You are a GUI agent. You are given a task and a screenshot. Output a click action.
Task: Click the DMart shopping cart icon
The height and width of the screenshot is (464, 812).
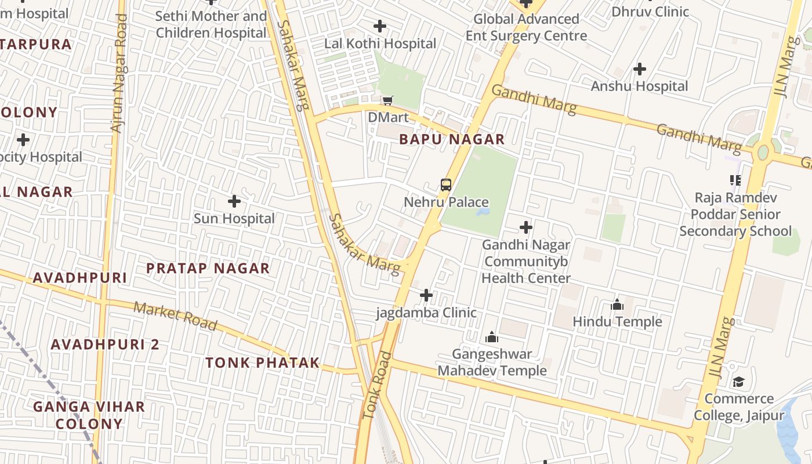pos(387,100)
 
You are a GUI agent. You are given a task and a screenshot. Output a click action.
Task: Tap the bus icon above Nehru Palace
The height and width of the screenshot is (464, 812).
pos(445,185)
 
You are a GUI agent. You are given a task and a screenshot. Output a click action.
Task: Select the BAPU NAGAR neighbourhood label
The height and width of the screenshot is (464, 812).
pos(452,139)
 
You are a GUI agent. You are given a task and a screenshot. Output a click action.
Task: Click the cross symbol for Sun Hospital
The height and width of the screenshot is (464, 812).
pos(234,201)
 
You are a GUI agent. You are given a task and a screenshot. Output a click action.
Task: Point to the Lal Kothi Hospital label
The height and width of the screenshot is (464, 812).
pos(380,43)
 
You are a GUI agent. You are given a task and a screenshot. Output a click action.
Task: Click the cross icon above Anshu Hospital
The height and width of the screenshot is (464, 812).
pos(639,69)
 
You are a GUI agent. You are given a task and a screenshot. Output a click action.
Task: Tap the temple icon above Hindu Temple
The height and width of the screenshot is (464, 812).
pos(617,304)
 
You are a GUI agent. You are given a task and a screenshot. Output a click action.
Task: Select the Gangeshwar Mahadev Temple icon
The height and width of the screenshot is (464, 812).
pos(492,337)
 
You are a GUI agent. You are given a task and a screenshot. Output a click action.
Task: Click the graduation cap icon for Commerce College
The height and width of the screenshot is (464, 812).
pos(738,382)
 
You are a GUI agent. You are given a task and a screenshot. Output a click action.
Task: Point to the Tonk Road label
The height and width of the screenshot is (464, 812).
pos(377,386)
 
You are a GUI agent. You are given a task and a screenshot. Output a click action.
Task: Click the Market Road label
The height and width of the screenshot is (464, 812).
pos(175,316)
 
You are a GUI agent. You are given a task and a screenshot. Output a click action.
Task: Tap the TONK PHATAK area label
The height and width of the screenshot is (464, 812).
pos(262,363)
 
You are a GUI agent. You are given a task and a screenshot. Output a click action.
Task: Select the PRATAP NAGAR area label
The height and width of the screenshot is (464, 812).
pos(208,269)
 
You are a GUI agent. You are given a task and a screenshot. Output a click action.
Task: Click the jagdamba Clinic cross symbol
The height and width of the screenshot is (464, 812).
pos(426,295)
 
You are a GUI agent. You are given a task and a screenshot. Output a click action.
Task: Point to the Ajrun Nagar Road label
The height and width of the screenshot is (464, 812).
pos(119,74)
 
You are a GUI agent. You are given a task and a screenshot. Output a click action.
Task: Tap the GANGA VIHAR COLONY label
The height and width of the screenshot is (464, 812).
pos(89,415)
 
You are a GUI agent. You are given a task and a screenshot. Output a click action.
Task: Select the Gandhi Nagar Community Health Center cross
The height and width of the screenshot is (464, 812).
pos(526,227)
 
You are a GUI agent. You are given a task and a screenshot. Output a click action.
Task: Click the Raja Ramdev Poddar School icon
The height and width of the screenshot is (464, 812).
pos(735,180)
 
